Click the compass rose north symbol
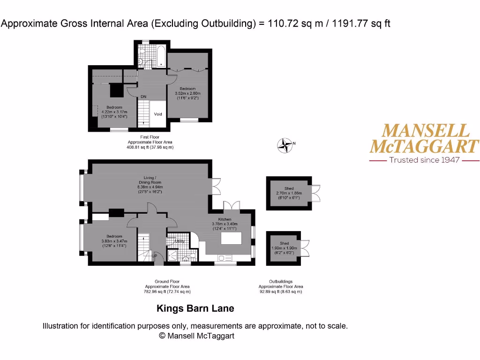click(x=285, y=146)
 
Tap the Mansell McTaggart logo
click(x=424, y=138)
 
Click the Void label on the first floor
click(x=158, y=114)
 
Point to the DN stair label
click(x=143, y=97)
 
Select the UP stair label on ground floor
click(x=154, y=256)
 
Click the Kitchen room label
click(x=225, y=219)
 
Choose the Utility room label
click(x=180, y=241)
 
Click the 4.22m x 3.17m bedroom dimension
click(x=114, y=112)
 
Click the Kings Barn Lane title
click(x=195, y=308)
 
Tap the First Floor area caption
click(x=150, y=142)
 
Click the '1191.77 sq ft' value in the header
click(x=361, y=23)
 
